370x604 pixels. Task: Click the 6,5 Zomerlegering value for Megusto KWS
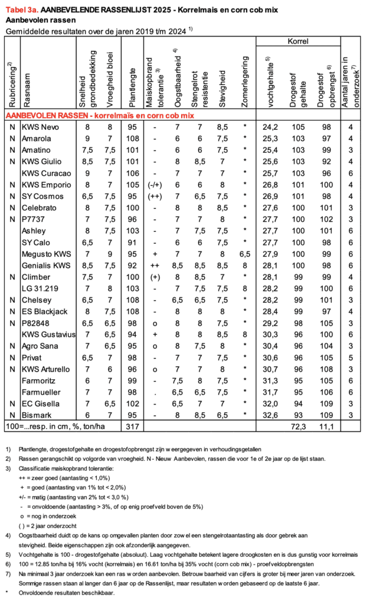point(244,254)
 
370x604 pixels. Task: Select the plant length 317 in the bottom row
point(133,425)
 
